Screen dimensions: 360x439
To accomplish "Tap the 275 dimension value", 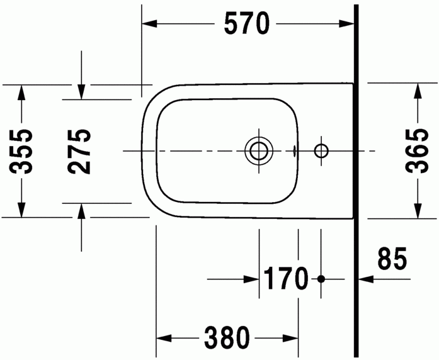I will [80, 150].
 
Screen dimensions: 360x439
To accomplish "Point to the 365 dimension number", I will [416, 150].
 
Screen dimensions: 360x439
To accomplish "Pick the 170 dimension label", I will [286, 278].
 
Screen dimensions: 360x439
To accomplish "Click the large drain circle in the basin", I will [258, 150].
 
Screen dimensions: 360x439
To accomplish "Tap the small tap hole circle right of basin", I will [321, 150].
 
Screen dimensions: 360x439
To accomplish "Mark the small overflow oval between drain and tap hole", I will [295, 150].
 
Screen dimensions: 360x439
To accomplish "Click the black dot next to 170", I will [321, 278].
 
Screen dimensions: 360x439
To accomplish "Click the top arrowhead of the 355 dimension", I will [21, 91].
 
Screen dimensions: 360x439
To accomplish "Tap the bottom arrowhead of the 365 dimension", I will [416, 210].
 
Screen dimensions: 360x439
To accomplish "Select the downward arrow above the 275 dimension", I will [81, 92].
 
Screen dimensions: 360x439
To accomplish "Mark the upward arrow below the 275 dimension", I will [81, 210].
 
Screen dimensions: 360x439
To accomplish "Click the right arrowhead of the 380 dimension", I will [290, 339].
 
